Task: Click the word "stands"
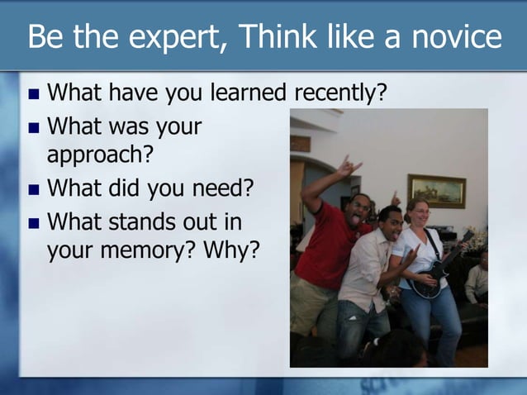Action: pyautogui.click(x=145, y=222)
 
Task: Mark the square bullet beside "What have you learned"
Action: pyautogui.click(x=34, y=93)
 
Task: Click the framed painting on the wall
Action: pyautogui.click(x=436, y=191)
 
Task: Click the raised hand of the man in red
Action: pyautogui.click(x=348, y=167)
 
